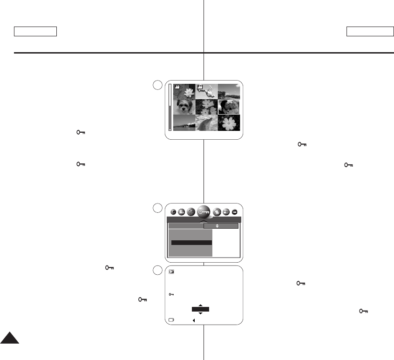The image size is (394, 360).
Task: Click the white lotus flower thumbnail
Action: (x=184, y=92)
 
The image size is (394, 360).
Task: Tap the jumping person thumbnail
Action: (x=207, y=92)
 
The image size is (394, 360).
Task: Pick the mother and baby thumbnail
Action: (x=229, y=107)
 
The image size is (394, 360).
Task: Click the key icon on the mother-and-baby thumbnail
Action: (x=230, y=102)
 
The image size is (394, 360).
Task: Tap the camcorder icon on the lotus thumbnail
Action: (x=177, y=87)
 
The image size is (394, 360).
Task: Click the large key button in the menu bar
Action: (x=204, y=211)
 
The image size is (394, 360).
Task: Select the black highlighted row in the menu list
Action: (x=191, y=243)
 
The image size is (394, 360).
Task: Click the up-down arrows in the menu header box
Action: (x=217, y=226)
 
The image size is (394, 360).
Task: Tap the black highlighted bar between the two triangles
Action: (x=200, y=309)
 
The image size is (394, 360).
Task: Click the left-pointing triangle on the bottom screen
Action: (x=193, y=320)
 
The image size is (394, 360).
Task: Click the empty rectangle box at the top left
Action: (x=35, y=32)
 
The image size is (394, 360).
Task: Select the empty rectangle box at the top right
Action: (x=370, y=32)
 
